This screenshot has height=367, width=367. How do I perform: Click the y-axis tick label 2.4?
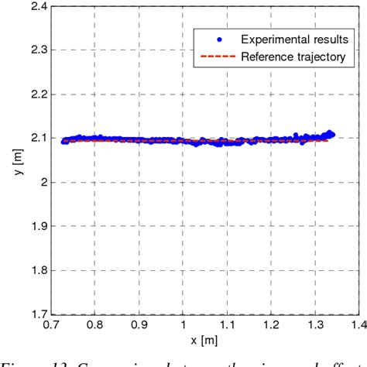(36, 6)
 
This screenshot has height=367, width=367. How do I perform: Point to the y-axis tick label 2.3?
(36, 50)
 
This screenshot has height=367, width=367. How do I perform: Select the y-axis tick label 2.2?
(36, 94)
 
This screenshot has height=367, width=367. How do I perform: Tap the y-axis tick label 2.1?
(36, 138)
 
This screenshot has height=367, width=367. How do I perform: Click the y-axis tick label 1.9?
(36, 226)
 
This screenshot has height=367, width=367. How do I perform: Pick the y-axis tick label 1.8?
(36, 270)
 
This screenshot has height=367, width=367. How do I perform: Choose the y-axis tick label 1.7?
(36, 314)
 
